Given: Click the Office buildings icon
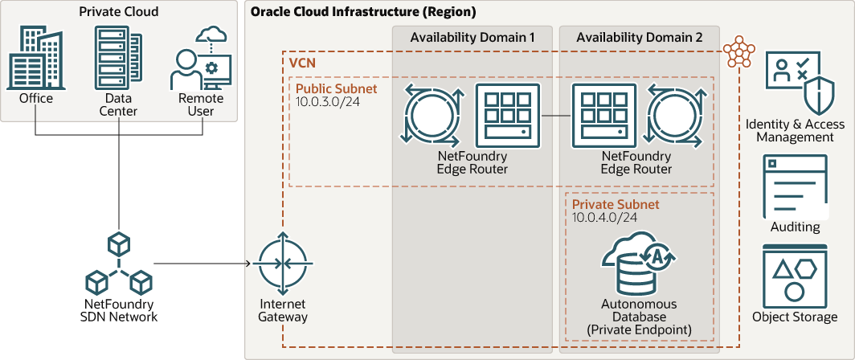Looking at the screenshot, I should tap(36, 58).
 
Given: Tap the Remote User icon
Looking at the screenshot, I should tap(201, 59).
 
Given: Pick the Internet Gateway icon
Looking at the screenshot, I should tap(282, 264).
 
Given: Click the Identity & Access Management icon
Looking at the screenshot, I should tap(795, 82).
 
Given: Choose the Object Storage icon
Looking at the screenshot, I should tap(795, 277).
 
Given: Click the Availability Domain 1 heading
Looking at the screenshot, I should tap(472, 38).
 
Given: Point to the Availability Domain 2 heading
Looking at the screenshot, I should tap(639, 38).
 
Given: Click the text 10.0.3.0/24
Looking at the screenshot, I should tap(327, 101).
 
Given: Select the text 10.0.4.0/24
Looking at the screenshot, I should tap(605, 218).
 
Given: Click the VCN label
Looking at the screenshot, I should tap(302, 62).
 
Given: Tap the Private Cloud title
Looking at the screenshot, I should tap(119, 12).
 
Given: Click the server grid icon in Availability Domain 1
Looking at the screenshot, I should tap(507, 116).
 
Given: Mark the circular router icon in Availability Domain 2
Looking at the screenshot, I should tap(680, 116).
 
